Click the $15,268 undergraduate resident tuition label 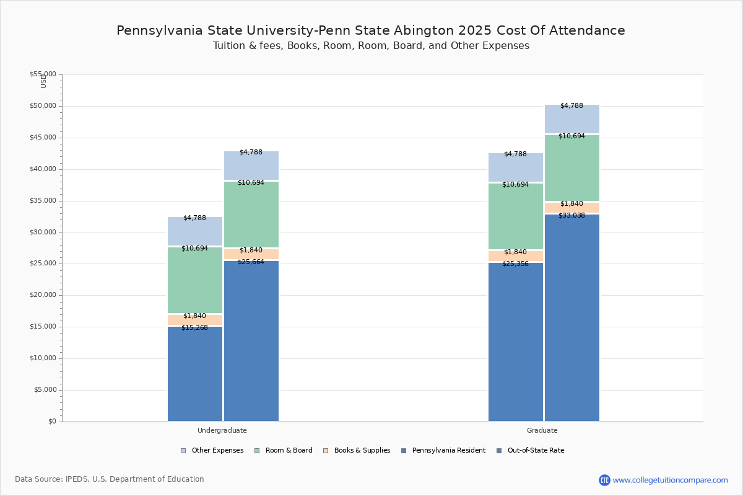(194, 327)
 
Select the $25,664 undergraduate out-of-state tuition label (251, 262)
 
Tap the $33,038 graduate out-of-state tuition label (571, 215)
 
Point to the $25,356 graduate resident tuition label (515, 263)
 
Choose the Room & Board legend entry (289, 451)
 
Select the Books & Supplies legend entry (362, 451)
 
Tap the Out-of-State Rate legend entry (535, 451)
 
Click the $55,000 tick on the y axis (43, 74)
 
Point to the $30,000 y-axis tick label (43, 232)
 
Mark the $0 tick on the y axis (51, 422)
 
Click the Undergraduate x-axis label (222, 430)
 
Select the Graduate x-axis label (542, 430)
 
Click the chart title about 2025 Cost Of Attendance (371, 30)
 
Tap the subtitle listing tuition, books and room (371, 46)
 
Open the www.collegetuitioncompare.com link (670, 480)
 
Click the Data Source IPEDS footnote (110, 479)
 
